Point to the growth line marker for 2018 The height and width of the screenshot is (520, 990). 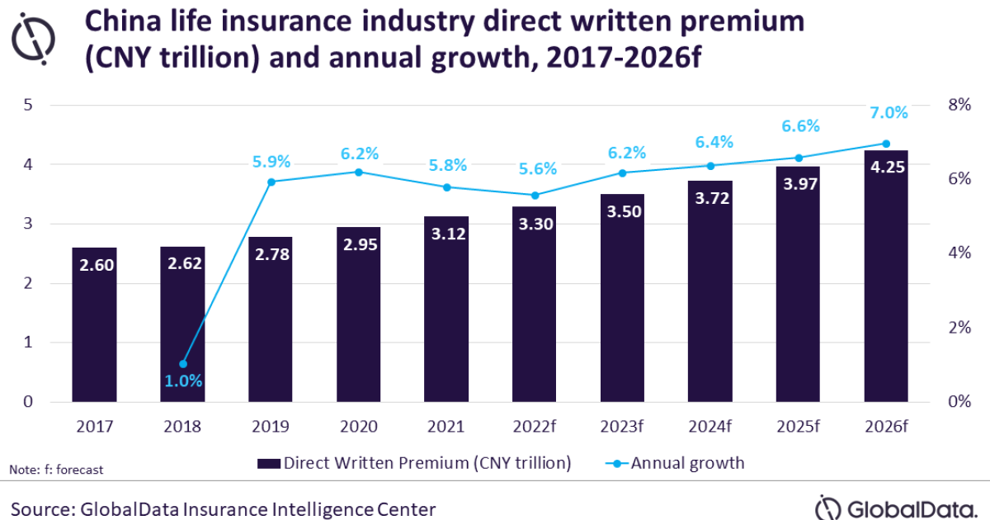tap(183, 364)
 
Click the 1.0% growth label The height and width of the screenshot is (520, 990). tap(182, 381)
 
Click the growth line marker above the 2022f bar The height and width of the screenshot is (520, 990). tap(535, 196)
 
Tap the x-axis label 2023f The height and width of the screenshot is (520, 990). tap(622, 427)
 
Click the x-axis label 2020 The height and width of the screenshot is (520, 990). tap(358, 427)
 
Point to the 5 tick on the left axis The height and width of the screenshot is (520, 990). tap(28, 105)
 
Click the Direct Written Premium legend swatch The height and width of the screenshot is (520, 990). tap(268, 463)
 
